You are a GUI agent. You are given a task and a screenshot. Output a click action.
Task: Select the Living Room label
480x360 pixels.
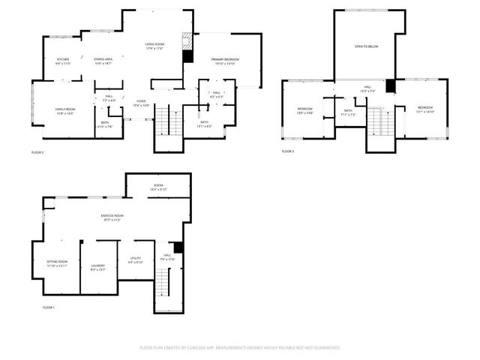(x=154, y=46)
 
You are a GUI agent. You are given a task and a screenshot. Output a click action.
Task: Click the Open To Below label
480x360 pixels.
(x=366, y=46)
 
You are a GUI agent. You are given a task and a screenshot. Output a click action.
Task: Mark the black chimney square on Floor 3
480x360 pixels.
(x=390, y=86)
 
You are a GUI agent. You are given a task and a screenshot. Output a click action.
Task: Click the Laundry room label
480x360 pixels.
(x=98, y=266)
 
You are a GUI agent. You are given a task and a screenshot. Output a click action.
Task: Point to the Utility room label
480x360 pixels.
(x=135, y=259)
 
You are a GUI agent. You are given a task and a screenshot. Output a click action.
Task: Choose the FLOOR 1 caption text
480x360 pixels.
(x=49, y=308)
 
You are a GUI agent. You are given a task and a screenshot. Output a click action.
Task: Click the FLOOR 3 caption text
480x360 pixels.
(x=288, y=151)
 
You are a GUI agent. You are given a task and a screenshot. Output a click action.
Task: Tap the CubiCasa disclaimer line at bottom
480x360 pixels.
(x=240, y=348)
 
